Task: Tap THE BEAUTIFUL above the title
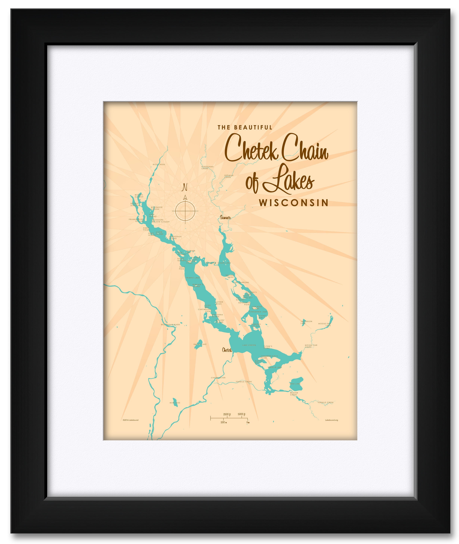[x=245, y=127]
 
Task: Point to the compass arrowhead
[x=185, y=197]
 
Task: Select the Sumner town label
[x=225, y=217]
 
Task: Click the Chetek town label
[x=227, y=350]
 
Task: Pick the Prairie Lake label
[x=192, y=278]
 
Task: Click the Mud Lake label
[x=175, y=403]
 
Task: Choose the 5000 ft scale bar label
[x=242, y=414]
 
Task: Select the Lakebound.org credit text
[x=332, y=420]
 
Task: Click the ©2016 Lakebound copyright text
[x=130, y=420]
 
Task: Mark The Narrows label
[x=242, y=283]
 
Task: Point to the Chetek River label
[x=218, y=378]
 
